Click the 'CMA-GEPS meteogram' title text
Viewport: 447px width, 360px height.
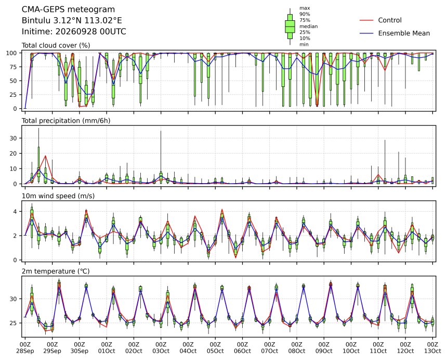coord(68,10)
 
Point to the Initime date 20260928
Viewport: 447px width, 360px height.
coord(76,31)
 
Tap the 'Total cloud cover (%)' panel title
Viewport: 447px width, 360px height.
coord(56,45)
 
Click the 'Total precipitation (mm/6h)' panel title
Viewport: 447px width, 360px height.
coord(66,121)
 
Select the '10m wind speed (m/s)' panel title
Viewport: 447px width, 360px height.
coord(58,196)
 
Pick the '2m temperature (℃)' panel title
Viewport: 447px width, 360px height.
coord(56,271)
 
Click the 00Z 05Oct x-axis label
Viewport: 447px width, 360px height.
coord(215,348)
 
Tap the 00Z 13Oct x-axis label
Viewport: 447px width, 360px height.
coord(432,348)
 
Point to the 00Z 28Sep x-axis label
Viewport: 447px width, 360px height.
coord(25,348)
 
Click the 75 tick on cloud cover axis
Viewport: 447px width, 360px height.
coord(14,67)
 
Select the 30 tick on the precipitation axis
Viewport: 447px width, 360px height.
coord(14,138)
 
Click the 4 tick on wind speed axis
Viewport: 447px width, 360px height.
coord(15,211)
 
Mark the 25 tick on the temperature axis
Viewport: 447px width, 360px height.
coord(14,323)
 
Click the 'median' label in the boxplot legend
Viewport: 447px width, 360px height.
coord(308,26)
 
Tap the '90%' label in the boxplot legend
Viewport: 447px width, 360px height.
coord(305,14)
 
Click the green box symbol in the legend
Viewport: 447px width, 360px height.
coord(290,26)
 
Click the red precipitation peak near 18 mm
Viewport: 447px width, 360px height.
coord(45,156)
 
